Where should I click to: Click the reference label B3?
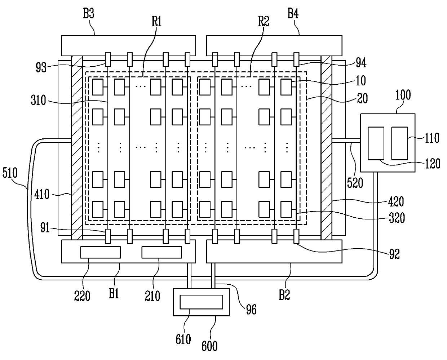tap(89, 13)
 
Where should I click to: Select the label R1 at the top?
tap(156, 21)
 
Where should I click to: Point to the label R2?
tap(264, 21)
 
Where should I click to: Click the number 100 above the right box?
tap(403, 95)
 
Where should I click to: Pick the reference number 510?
tap(10, 173)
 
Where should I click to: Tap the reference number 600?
tap(209, 346)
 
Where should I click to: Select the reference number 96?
tap(251, 310)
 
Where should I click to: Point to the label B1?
tap(114, 294)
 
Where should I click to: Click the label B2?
tap(284, 295)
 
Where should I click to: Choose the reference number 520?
tap(355, 183)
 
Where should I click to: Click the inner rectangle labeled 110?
tap(400, 143)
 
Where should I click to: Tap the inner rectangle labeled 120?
tap(376, 143)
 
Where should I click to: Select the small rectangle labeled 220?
tap(101, 252)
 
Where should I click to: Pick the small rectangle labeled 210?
tap(161, 252)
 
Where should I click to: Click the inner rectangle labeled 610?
tap(201, 302)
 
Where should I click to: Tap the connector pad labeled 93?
tap(108, 59)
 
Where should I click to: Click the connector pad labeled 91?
tap(108, 236)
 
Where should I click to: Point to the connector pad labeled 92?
tap(296, 236)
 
